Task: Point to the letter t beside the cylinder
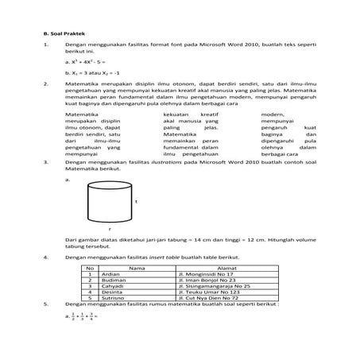[136, 202]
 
